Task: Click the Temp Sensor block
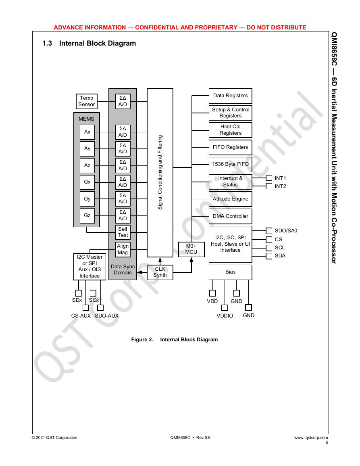click(86, 101)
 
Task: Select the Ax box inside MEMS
click(87, 132)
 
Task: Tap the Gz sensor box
click(87, 215)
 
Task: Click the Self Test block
click(123, 232)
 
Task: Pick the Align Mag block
click(123, 249)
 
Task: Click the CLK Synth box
click(160, 272)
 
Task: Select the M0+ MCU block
click(191, 249)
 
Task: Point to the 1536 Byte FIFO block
click(230, 164)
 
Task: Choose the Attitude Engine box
click(230, 199)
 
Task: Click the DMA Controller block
click(230, 216)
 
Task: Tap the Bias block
click(230, 272)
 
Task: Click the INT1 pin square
click(269, 178)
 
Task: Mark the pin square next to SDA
click(269, 256)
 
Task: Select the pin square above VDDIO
click(225, 308)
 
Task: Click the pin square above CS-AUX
click(85, 307)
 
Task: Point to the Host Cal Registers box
click(230, 130)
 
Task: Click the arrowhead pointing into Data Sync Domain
click(139, 272)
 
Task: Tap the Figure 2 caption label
click(142, 339)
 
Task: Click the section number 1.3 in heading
click(47, 44)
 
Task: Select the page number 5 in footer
click(327, 443)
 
